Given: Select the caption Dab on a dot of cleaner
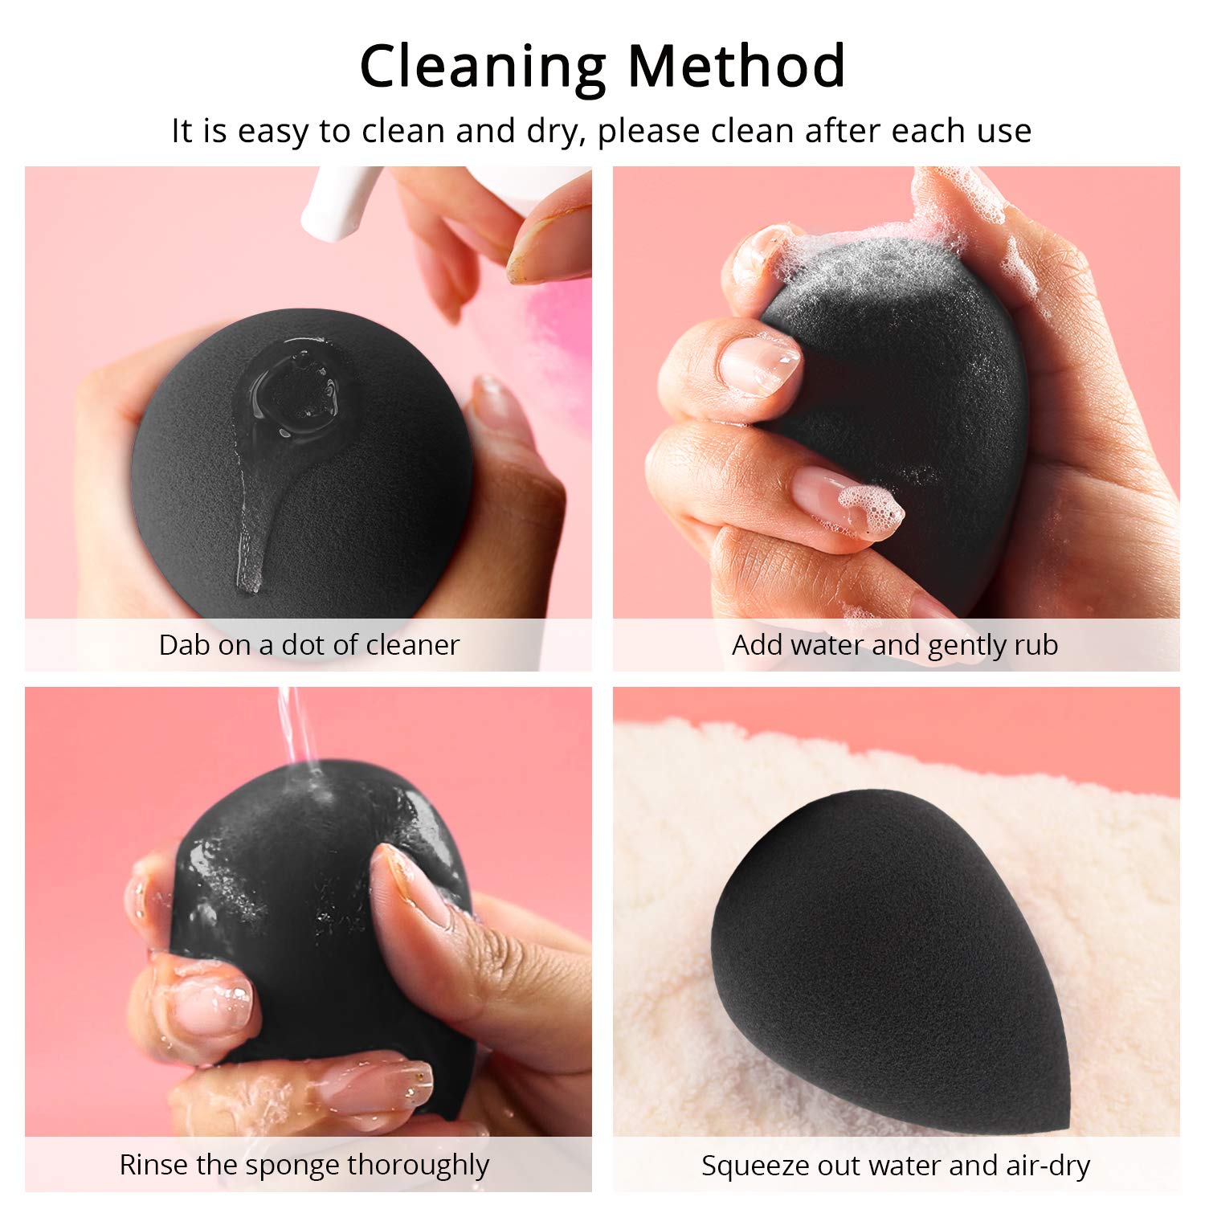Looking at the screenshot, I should (x=308, y=645).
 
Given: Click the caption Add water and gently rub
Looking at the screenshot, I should (x=895, y=645).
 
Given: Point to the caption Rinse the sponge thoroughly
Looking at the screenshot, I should (x=304, y=1165).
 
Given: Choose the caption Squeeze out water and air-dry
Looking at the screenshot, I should (x=895, y=1166).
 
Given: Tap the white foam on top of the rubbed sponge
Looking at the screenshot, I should (x=876, y=249).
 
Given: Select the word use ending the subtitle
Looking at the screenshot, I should (x=1004, y=132).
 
